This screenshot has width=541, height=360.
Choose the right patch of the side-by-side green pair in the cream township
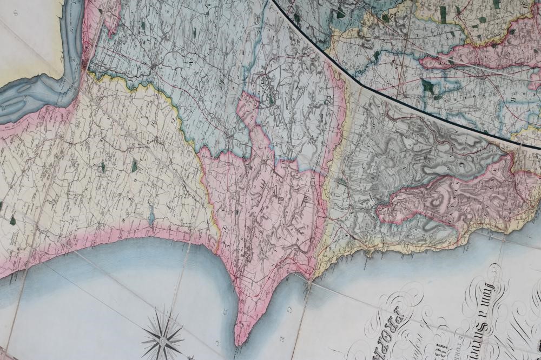(x=134, y=165)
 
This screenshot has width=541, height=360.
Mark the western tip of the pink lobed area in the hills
(x=379, y=216)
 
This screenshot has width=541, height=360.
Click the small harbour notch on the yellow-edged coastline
(x=371, y=251)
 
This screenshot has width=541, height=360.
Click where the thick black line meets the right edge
(x=539, y=148)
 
